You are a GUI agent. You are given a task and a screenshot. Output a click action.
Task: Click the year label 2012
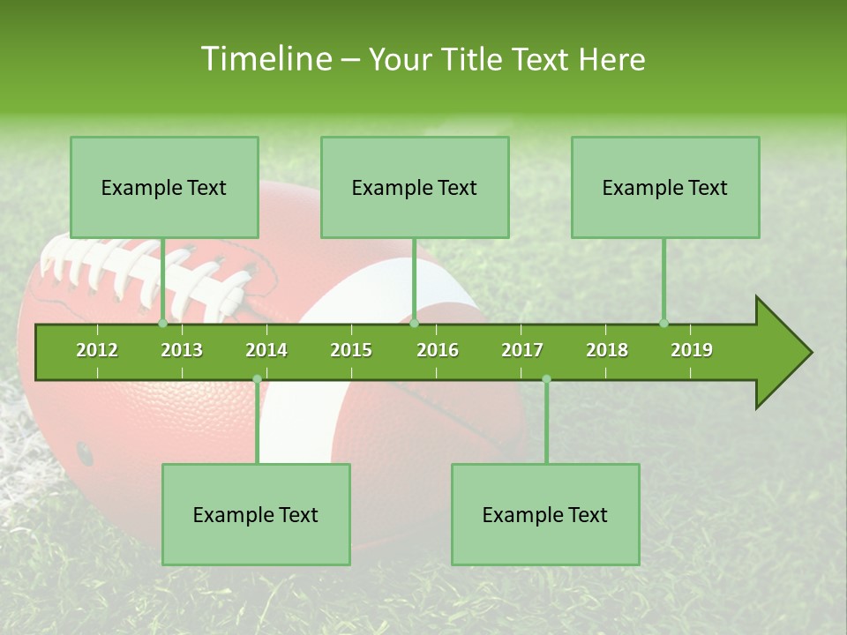coord(97,350)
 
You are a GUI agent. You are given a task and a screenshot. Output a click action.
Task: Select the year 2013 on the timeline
coord(182,350)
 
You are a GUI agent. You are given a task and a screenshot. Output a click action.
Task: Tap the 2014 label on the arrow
coord(266,350)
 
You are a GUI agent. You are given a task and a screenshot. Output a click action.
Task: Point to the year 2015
coord(351,350)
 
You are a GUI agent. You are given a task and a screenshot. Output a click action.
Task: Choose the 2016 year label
coord(438,350)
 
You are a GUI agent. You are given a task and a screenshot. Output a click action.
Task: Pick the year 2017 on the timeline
coord(522,350)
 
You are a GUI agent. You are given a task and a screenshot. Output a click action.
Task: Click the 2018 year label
coord(607,350)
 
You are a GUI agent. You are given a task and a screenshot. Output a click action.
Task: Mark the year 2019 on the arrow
coord(692,350)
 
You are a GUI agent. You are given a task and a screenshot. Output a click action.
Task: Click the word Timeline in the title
coord(264,59)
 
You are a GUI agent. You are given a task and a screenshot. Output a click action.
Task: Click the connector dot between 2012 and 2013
coord(163,324)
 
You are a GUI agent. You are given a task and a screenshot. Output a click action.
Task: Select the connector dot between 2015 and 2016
coord(414,324)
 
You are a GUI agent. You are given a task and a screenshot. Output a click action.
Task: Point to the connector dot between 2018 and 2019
coord(663,324)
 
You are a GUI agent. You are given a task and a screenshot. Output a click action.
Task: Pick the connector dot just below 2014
coord(257,379)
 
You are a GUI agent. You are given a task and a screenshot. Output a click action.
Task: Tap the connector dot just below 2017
coord(546,379)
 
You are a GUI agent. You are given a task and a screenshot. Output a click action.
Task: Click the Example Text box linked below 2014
coord(256,514)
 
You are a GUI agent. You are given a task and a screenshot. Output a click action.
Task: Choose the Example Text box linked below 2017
coord(545,514)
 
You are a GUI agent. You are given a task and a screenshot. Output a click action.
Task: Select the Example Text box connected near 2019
coord(665,187)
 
